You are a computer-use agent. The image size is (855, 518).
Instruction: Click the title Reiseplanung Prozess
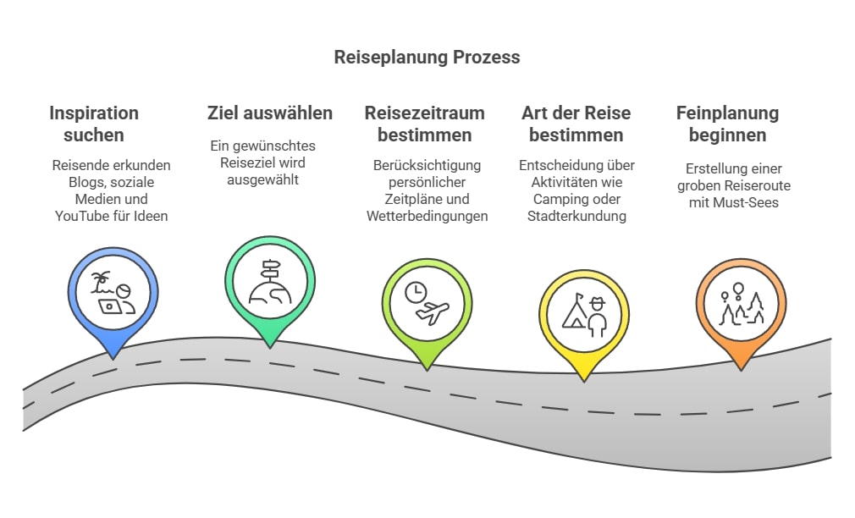click(427, 58)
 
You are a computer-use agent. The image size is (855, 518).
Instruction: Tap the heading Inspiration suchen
click(93, 124)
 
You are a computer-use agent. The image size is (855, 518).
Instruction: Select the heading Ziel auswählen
click(270, 113)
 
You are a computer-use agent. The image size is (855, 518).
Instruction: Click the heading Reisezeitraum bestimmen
click(425, 124)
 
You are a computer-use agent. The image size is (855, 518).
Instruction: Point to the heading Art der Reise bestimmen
click(576, 124)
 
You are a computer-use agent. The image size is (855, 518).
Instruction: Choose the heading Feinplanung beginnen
click(727, 124)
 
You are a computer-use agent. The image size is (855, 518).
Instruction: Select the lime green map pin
click(427, 306)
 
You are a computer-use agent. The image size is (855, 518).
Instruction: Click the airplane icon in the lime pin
click(433, 314)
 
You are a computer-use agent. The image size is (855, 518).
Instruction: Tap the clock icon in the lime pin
click(416, 293)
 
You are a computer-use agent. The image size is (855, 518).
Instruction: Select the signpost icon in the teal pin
click(272, 270)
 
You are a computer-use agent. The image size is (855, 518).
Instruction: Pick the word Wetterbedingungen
click(427, 216)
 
